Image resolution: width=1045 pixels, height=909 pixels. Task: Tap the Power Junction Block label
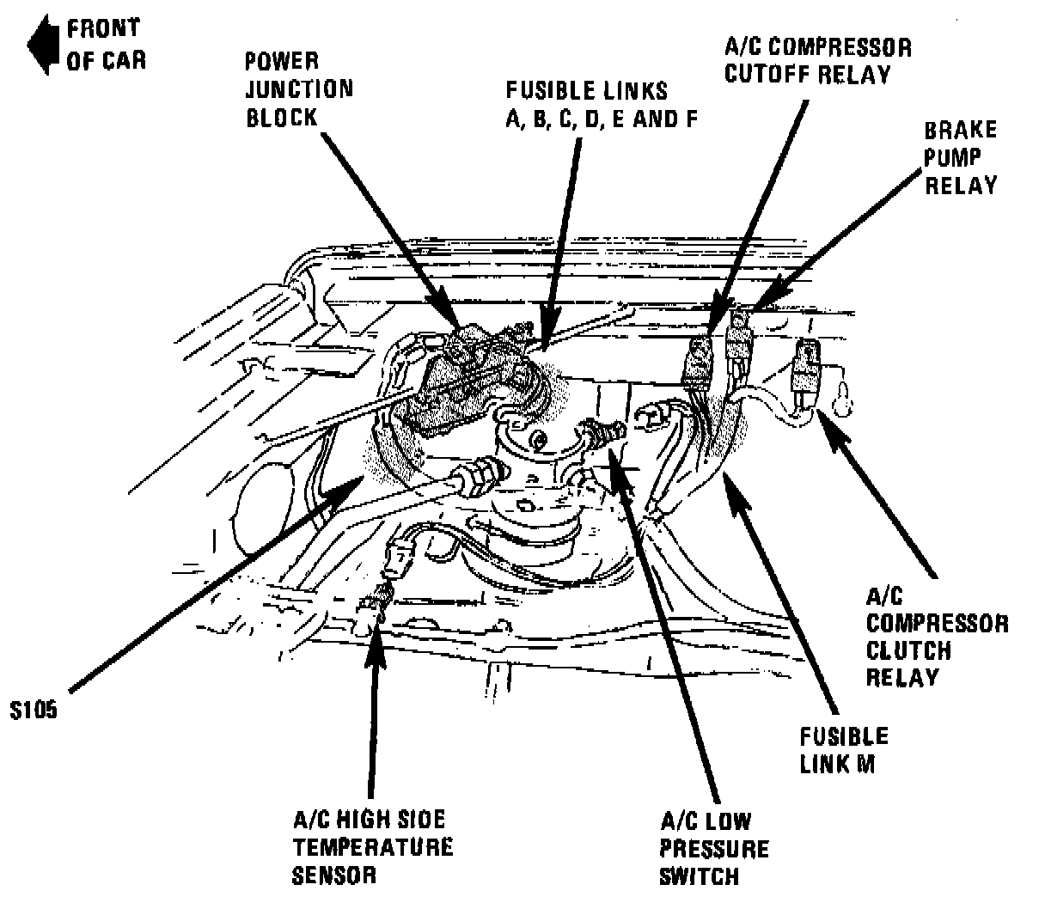tap(298, 88)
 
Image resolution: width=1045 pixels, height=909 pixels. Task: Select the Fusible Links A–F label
tap(599, 104)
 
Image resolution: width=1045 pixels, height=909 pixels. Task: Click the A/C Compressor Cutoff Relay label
tap(817, 59)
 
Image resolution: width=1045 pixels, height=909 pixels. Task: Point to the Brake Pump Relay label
tap(961, 157)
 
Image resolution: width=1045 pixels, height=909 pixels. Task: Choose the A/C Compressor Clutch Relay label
tap(937, 637)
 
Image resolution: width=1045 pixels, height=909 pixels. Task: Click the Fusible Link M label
tap(843, 749)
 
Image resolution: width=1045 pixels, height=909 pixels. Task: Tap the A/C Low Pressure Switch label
tap(713, 849)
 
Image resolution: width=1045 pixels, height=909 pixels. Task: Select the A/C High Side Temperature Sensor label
tap(371, 847)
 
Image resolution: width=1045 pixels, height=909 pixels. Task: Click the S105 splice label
tap(34, 711)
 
